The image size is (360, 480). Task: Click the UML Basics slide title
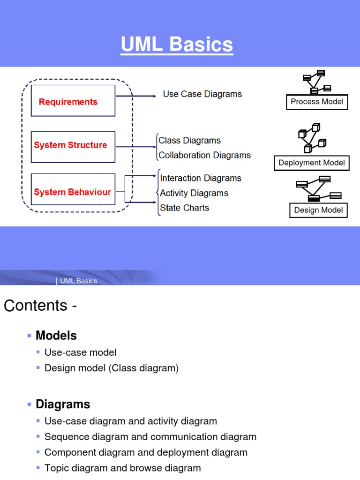[x=177, y=45]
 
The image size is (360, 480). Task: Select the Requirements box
[x=73, y=100]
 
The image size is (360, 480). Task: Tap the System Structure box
[x=73, y=146]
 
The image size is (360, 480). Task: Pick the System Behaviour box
[x=73, y=189]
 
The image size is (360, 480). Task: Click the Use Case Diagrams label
[x=202, y=94]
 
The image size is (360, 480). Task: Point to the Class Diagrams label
[x=189, y=141]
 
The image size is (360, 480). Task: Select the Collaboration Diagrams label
[x=204, y=155]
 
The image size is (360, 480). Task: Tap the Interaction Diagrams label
[x=201, y=178]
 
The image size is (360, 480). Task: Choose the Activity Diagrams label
[x=194, y=193]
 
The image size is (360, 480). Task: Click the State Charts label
[x=185, y=208]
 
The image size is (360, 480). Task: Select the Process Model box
[x=317, y=102]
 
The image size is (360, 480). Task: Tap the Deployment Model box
[x=311, y=163]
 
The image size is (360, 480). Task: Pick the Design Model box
[x=318, y=210]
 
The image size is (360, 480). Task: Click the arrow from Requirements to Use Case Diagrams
[x=136, y=96]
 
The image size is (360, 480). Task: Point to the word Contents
[x=36, y=306]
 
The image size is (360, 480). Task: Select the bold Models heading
[x=56, y=336]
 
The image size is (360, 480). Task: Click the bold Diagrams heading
[x=63, y=404]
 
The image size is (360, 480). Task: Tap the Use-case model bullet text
[x=81, y=352]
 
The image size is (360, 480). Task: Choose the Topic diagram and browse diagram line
[x=122, y=468]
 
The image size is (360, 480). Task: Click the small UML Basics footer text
[x=78, y=281]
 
